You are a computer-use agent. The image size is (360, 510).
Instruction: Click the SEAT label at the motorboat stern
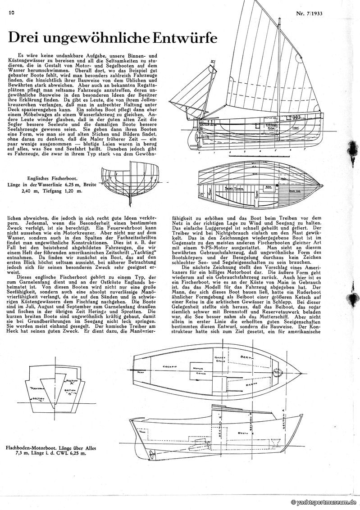click(141, 372)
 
